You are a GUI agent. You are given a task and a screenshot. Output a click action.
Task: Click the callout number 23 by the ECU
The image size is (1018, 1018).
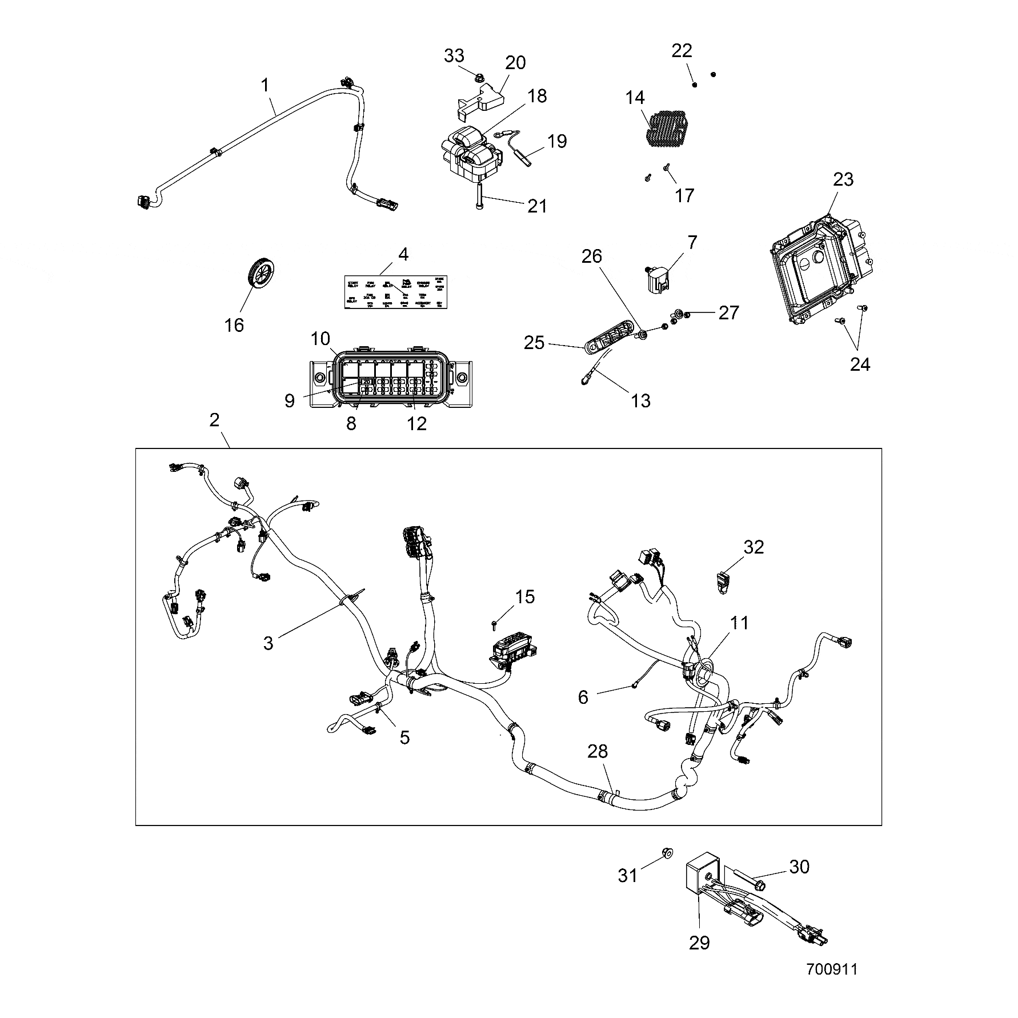(843, 179)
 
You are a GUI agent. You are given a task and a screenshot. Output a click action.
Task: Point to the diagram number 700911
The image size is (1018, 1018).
(832, 969)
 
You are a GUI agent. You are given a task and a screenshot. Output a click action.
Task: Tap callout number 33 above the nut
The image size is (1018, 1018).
(454, 56)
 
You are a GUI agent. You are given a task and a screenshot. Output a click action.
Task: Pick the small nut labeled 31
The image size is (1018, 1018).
(666, 853)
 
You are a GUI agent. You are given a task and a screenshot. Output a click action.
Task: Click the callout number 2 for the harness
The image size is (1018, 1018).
(214, 420)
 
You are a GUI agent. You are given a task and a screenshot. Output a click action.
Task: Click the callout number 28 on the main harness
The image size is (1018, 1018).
(598, 752)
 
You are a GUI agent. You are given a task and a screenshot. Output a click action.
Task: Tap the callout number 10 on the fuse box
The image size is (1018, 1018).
(320, 339)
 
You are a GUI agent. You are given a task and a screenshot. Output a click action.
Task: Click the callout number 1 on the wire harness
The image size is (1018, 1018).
(264, 86)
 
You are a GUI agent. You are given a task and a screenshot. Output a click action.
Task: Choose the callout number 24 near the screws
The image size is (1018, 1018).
(860, 364)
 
